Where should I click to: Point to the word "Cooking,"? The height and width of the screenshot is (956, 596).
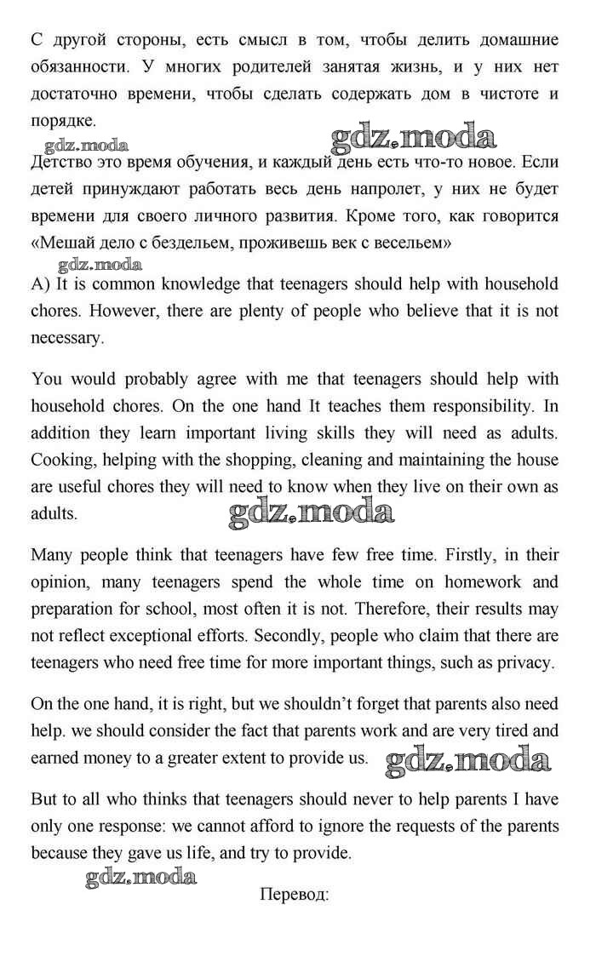coord(61,460)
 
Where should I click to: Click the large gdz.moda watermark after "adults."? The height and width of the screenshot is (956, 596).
coord(312,512)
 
